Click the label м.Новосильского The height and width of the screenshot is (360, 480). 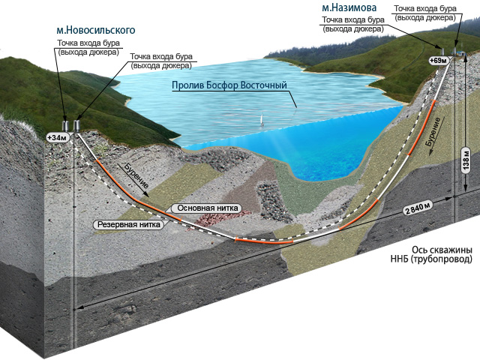click(95, 30)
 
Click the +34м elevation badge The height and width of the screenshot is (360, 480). click(56, 138)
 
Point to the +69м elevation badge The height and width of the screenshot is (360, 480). click(436, 59)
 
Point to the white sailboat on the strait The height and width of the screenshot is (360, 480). click(261, 119)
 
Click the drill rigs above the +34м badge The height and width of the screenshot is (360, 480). click(71, 123)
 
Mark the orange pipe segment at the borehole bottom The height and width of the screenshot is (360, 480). click(263, 241)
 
